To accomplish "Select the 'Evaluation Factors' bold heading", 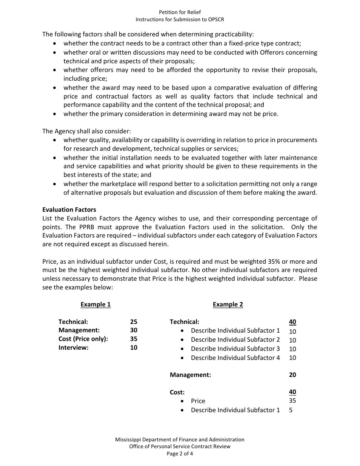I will (69, 210).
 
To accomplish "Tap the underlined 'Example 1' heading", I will (95, 304).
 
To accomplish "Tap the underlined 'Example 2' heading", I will (228, 304).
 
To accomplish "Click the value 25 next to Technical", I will (133, 322).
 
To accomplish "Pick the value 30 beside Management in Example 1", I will (133, 330).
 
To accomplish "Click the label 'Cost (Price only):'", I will (83, 339).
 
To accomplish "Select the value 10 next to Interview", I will (133, 347).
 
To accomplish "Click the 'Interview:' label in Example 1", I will (73, 347).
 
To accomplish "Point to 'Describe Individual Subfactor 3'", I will (235, 349).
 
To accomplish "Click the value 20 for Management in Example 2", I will (292, 375).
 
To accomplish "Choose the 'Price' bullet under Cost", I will (198, 401).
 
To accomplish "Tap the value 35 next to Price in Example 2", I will (292, 400).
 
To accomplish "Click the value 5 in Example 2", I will (291, 410).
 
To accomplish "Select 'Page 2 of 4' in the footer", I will (180, 453).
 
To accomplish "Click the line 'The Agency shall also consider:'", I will (86, 131).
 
